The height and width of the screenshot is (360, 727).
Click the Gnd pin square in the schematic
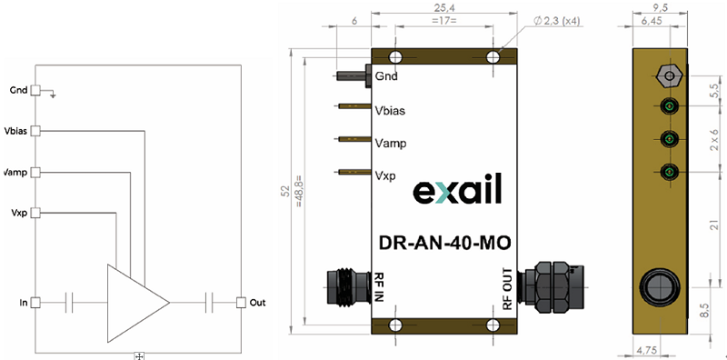[35, 91]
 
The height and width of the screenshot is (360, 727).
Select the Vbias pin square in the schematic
[35, 131]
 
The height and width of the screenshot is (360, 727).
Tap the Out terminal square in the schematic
[241, 303]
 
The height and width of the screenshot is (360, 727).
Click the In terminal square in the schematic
[35, 303]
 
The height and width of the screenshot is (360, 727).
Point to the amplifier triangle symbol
[138, 303]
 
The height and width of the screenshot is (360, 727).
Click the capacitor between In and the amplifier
[69, 303]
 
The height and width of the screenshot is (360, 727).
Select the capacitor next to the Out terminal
[209, 303]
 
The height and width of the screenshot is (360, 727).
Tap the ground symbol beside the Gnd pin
[53, 95]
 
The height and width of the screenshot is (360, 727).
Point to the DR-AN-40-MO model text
[445, 243]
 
